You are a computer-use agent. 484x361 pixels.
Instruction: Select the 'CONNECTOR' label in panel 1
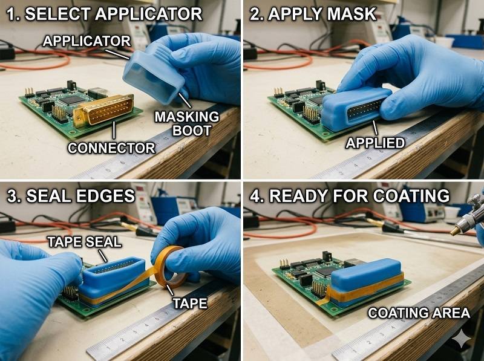[111, 148]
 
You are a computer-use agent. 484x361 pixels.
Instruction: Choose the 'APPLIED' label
[375, 143]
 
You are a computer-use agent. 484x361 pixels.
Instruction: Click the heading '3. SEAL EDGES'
[71, 196]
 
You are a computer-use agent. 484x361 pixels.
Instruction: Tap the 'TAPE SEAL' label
[84, 242]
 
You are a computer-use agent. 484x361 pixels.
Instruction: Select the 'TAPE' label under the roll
[190, 303]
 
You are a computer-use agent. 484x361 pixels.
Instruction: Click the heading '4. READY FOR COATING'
[350, 196]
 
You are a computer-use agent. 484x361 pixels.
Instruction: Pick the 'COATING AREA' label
[419, 313]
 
